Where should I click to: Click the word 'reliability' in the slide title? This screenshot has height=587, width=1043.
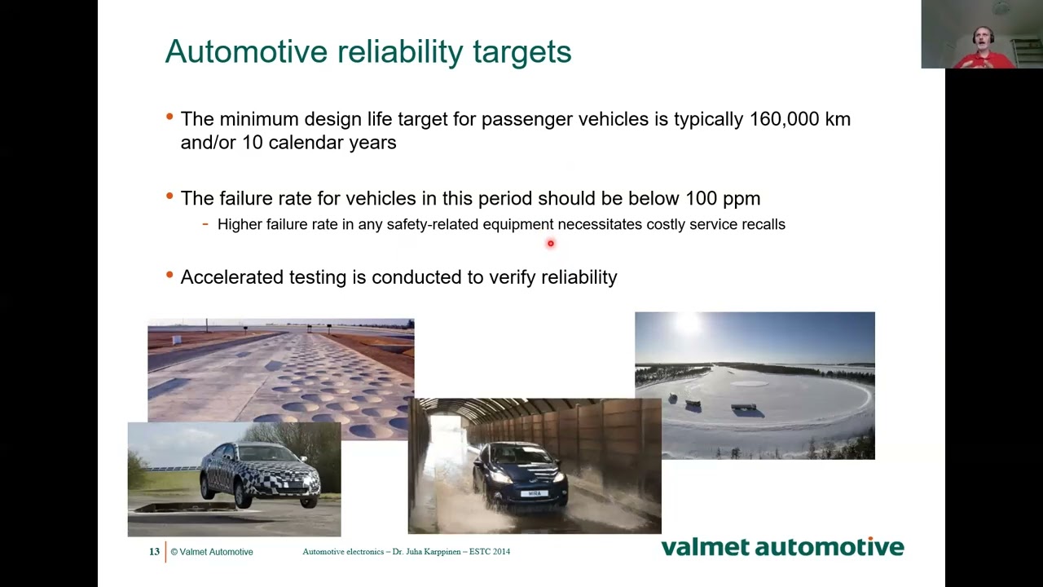pyautogui.click(x=400, y=52)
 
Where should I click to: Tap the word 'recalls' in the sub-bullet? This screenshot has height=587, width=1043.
pyautogui.click(x=763, y=224)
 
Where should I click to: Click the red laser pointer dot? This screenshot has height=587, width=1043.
pyautogui.click(x=551, y=243)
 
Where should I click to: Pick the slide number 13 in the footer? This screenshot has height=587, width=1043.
pyautogui.click(x=154, y=552)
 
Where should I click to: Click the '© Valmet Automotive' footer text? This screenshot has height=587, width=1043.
pyautogui.click(x=212, y=552)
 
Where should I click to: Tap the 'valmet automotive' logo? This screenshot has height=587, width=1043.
pyautogui.click(x=782, y=547)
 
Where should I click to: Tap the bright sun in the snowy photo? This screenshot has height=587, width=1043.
pyautogui.click(x=687, y=324)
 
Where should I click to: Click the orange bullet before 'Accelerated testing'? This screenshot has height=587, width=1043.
pyautogui.click(x=169, y=276)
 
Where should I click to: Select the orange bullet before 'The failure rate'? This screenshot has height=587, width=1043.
pyautogui.click(x=169, y=196)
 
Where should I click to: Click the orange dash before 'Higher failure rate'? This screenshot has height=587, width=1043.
pyautogui.click(x=205, y=223)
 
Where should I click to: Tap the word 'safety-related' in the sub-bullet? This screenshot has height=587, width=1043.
pyautogui.click(x=433, y=224)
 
